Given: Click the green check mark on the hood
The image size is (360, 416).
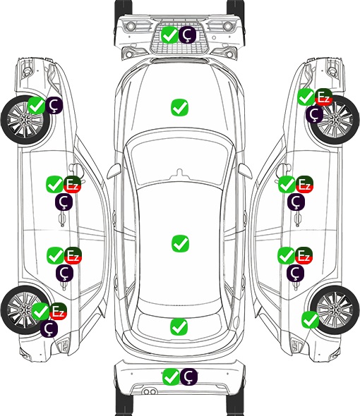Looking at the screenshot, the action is (x=179, y=107).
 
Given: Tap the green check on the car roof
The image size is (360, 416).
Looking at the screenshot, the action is (x=180, y=243).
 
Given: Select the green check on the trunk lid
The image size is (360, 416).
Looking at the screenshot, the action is (x=179, y=326).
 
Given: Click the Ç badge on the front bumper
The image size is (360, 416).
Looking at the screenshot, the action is (x=187, y=35).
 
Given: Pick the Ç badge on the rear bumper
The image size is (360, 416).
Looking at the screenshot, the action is (x=188, y=377).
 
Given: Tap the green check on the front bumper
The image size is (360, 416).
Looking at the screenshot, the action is (x=169, y=35).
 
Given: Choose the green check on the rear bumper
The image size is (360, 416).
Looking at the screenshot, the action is (x=171, y=377).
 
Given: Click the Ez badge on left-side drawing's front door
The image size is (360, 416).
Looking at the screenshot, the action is (x=73, y=185).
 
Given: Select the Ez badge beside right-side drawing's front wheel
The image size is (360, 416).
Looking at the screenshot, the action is (x=324, y=97).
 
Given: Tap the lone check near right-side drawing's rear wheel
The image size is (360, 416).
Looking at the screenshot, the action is (x=311, y=320).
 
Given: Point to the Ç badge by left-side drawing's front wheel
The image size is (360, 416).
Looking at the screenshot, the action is (x=54, y=105).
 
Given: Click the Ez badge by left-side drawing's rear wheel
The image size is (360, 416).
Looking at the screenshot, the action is (x=58, y=311).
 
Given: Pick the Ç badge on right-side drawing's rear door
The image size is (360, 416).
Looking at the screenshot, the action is (x=296, y=273).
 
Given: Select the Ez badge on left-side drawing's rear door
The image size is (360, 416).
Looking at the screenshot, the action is (x=73, y=255).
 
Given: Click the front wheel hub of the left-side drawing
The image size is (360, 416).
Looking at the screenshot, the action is (x=24, y=120).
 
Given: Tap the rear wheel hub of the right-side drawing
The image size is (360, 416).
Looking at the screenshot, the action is (x=335, y=310).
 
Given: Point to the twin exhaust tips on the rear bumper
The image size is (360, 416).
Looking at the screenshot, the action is (x=150, y=391).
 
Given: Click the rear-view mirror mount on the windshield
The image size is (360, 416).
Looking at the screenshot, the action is (x=180, y=173).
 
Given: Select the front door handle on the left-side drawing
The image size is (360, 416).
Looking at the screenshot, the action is (x=62, y=219).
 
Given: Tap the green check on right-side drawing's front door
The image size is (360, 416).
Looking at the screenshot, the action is (x=287, y=185).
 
